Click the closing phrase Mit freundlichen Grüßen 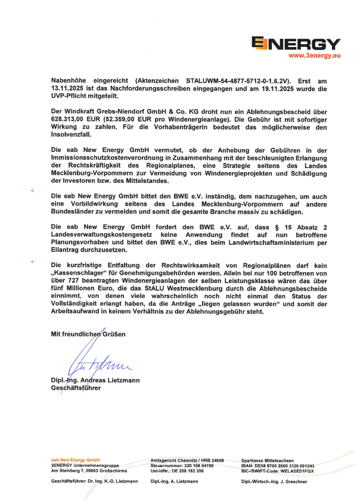pyautogui.click(x=88, y=334)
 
